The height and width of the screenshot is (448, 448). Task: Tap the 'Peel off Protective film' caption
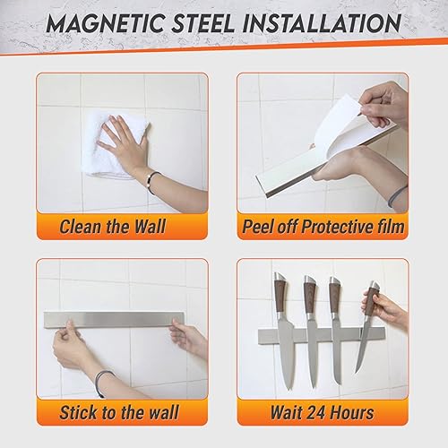coord(322,227)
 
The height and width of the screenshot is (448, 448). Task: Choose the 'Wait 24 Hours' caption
coord(322,412)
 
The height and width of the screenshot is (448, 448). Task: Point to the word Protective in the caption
coord(332,227)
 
